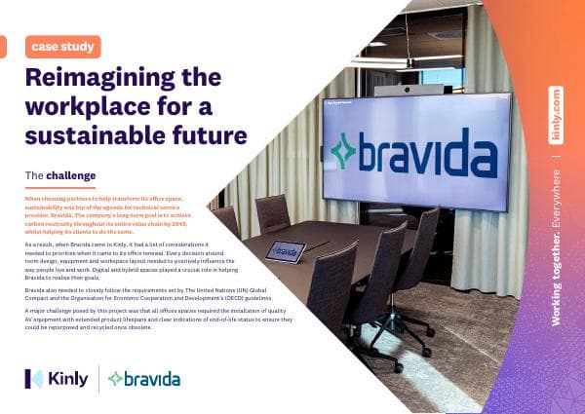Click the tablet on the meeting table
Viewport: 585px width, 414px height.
click(286, 249)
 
